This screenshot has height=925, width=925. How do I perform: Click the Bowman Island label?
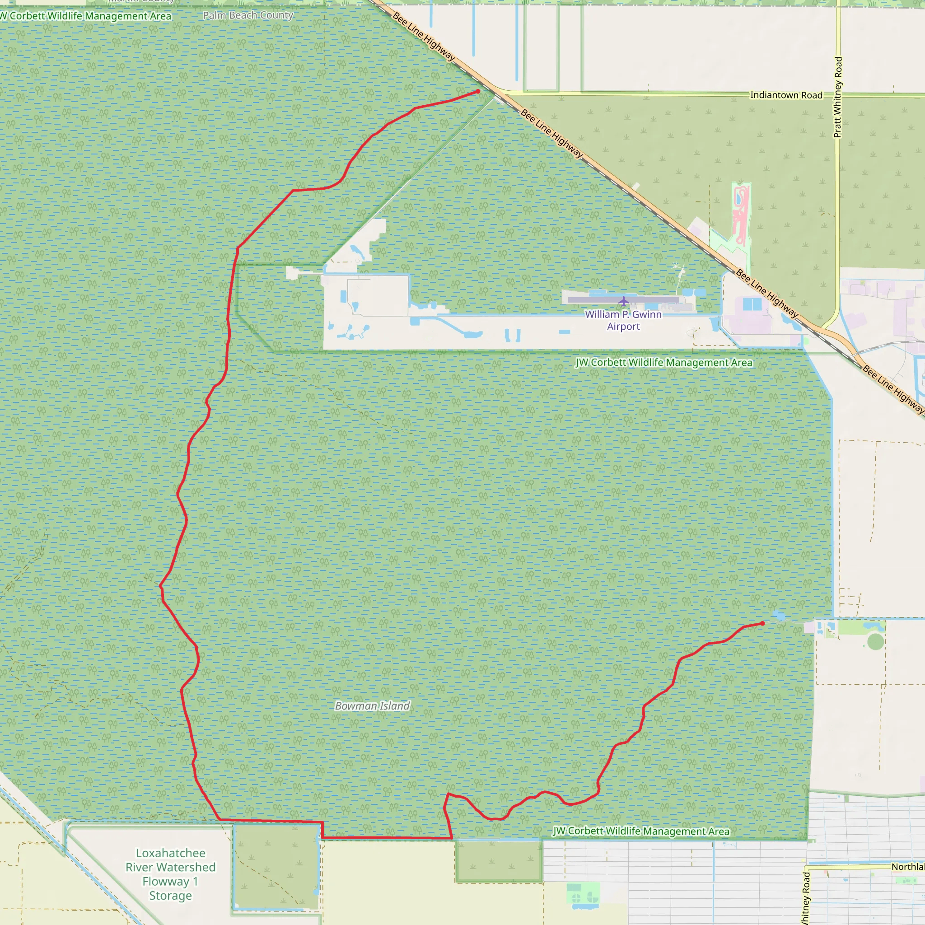tap(373, 706)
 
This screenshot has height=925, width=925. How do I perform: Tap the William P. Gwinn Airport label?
tap(623, 320)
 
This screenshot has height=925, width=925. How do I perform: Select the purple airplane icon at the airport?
tap(623, 301)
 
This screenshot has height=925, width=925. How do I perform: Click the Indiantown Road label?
tap(786, 95)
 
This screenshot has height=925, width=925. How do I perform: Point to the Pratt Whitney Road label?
tap(838, 97)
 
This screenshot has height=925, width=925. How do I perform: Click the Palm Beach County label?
tap(248, 15)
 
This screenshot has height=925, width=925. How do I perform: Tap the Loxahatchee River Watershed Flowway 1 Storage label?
tap(170, 874)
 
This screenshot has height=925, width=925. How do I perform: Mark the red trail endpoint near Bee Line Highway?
tap(478, 91)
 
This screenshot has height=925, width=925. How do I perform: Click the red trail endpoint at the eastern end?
tap(763, 623)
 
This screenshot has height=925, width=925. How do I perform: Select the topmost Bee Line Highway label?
tap(424, 37)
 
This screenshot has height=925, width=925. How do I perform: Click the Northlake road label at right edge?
tap(908, 867)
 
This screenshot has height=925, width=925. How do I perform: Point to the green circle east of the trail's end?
tap(876, 641)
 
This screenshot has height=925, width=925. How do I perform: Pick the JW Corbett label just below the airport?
tap(663, 362)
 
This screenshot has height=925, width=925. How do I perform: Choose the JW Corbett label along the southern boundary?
tap(641, 831)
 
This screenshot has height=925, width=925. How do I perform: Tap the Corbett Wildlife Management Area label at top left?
tap(86, 16)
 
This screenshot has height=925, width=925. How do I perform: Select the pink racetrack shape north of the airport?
tap(741, 213)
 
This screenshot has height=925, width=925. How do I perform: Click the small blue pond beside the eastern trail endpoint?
tap(779, 616)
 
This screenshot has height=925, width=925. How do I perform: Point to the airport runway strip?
tap(623, 300)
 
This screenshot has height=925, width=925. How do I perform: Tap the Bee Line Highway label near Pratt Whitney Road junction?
tap(767, 294)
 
